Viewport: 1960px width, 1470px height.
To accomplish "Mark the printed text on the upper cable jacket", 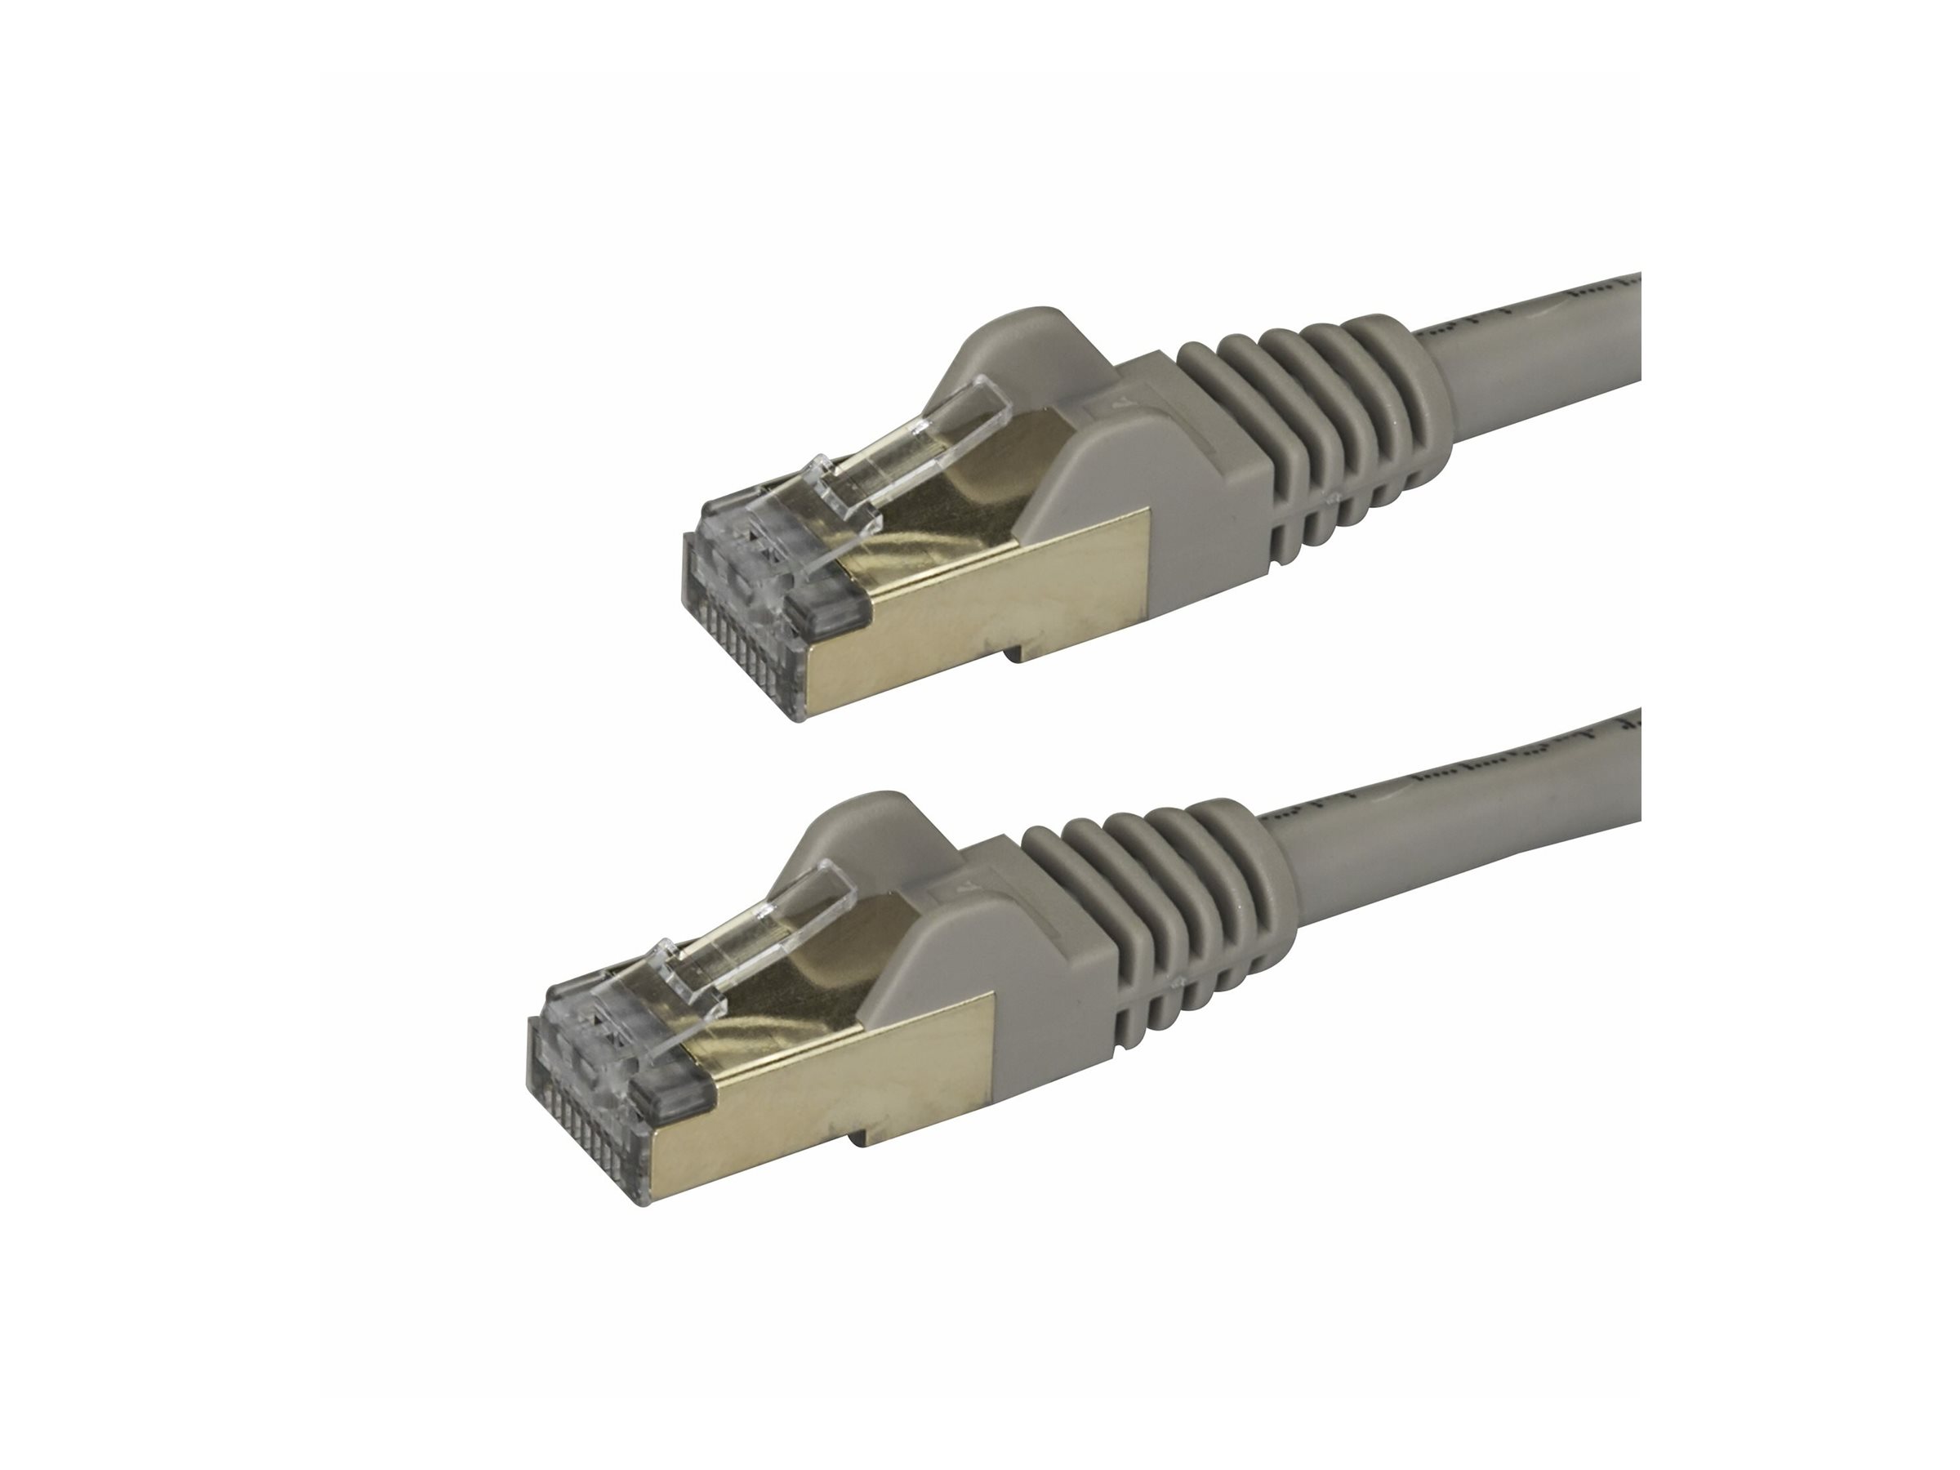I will click(x=1604, y=296).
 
